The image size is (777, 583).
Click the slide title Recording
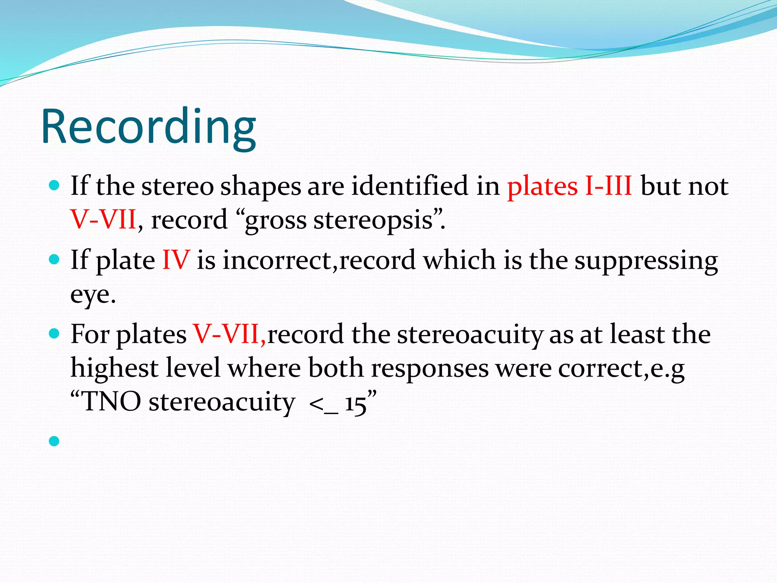149,127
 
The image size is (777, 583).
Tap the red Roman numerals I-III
609,186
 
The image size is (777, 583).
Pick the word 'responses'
430,369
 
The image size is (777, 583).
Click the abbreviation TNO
112,402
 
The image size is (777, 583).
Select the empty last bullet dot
55,441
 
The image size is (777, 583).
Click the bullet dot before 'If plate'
55,260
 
